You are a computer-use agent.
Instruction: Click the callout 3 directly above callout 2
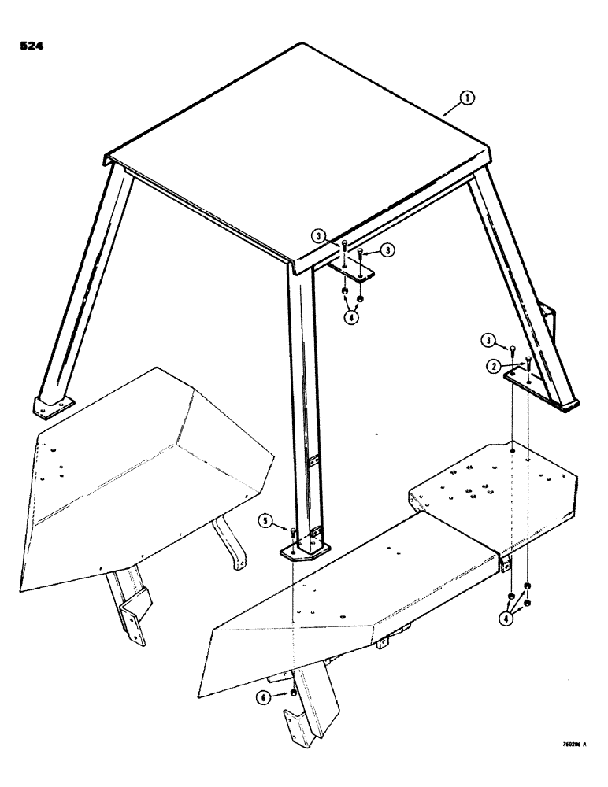click(x=491, y=340)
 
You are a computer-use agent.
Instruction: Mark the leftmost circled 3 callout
click(x=317, y=235)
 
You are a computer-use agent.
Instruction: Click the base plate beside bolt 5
click(x=306, y=549)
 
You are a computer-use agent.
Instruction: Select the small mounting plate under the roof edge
click(x=351, y=272)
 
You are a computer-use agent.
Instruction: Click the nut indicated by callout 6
click(x=293, y=693)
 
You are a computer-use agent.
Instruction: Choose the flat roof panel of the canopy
click(x=291, y=150)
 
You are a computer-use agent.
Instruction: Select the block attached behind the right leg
click(x=550, y=323)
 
